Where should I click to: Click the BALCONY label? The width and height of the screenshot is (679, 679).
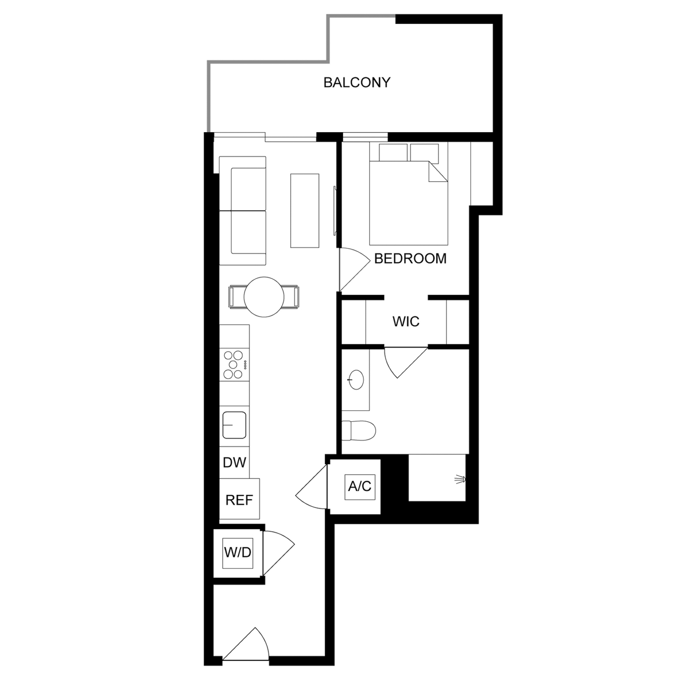[x=357, y=83]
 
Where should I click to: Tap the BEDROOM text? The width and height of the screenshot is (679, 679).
[x=410, y=259]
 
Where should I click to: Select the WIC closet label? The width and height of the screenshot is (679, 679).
[x=406, y=321]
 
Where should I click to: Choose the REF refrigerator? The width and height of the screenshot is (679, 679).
[x=239, y=499]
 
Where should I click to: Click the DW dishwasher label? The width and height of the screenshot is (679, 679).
[x=234, y=463]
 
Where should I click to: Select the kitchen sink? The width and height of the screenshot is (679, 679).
[x=234, y=425]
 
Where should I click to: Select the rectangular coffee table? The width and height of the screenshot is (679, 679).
[x=305, y=211]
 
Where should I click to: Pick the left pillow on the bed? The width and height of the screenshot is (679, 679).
[x=393, y=152]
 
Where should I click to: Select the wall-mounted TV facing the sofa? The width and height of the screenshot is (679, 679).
[x=335, y=211]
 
